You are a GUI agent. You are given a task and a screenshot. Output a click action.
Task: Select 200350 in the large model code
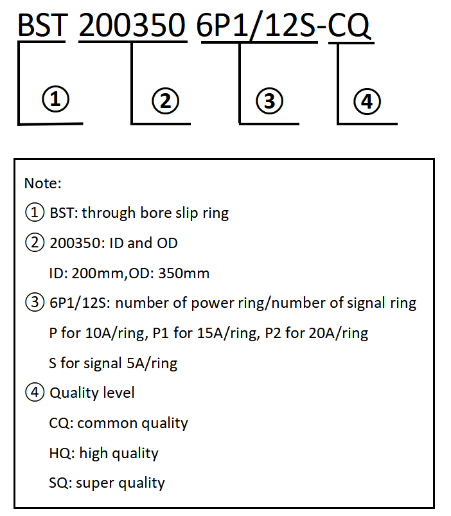[x=133, y=26]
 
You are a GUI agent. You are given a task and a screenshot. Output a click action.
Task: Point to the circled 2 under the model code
[x=165, y=100]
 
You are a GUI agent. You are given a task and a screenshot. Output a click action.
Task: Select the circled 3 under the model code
[x=269, y=100]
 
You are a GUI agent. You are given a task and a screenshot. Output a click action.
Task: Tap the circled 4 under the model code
[x=367, y=101]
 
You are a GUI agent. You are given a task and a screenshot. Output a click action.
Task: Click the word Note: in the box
[x=43, y=184]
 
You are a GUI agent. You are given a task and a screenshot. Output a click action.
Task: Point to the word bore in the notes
[x=154, y=213]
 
